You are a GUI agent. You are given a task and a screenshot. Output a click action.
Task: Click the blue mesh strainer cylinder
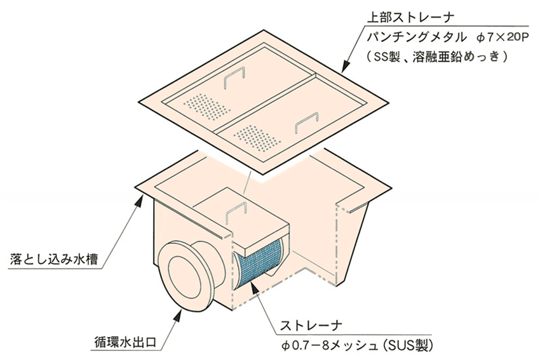[259, 263]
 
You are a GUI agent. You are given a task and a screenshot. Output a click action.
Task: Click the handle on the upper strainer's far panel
[234, 79]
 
